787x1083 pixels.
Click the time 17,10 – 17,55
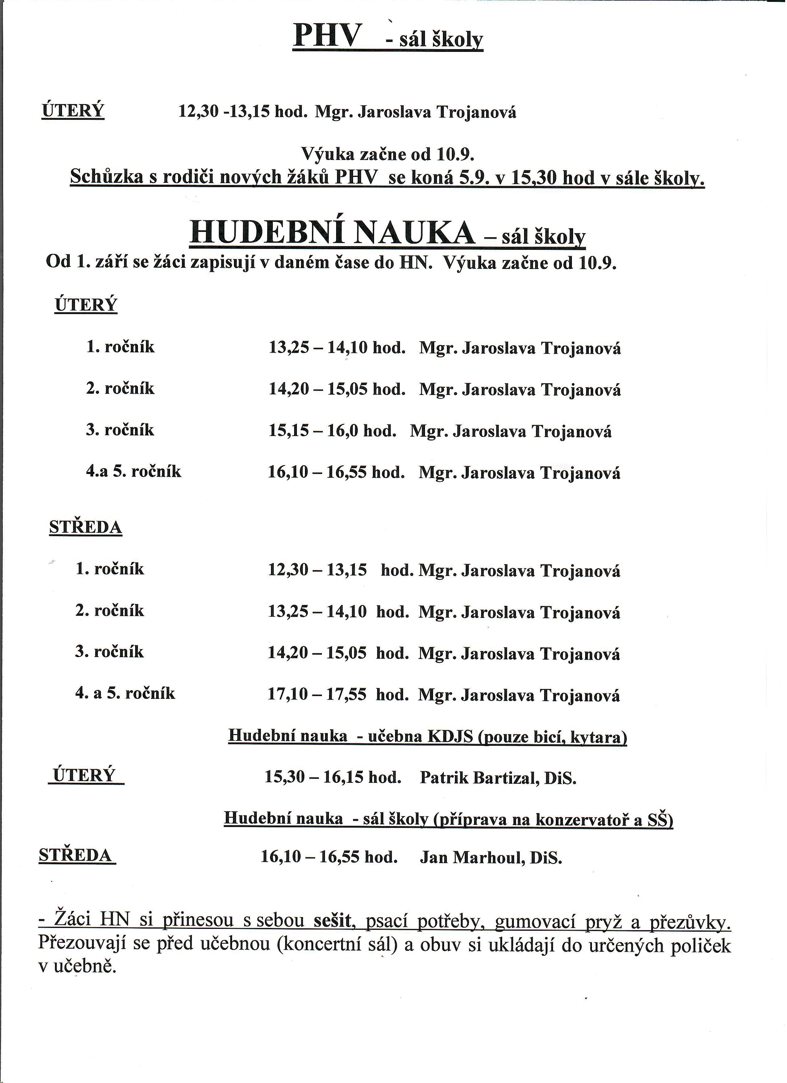[317, 694]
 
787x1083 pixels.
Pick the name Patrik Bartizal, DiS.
[498, 778]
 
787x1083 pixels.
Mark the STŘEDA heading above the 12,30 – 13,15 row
[85, 527]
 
